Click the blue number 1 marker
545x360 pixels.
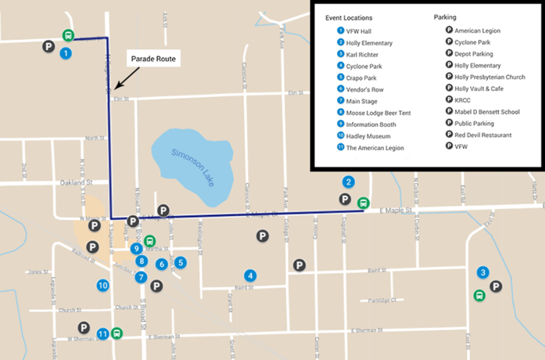(66, 53)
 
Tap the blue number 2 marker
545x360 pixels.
(349, 182)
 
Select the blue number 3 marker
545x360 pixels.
(483, 272)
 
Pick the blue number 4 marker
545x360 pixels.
(250, 275)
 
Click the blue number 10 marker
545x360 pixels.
(102, 286)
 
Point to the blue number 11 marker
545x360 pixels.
(102, 334)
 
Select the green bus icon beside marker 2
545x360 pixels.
(363, 203)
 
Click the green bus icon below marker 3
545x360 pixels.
(479, 296)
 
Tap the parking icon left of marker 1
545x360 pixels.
(48, 48)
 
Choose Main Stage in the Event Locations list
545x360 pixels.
(364, 100)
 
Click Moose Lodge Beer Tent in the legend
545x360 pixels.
(378, 113)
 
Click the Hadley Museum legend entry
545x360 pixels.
(370, 136)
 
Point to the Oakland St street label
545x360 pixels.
(76, 184)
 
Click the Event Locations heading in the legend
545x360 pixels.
(349, 17)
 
